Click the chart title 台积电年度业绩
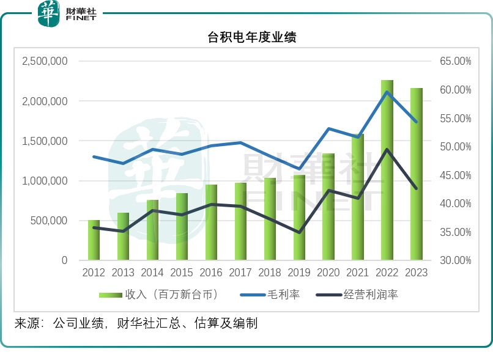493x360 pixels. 252,38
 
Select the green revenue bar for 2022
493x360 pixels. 387,171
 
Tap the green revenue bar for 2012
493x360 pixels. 94,240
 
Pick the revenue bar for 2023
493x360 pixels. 416,174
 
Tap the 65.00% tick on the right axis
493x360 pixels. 454,62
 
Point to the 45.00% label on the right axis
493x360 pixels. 454,175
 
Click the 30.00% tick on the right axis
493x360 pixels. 454,260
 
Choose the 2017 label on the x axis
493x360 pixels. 240,273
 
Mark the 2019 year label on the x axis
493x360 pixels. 299,273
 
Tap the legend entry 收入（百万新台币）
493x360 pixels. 159,295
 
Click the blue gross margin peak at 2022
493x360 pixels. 387,92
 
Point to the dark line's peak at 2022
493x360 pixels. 387,149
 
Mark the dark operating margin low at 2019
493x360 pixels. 299,232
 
